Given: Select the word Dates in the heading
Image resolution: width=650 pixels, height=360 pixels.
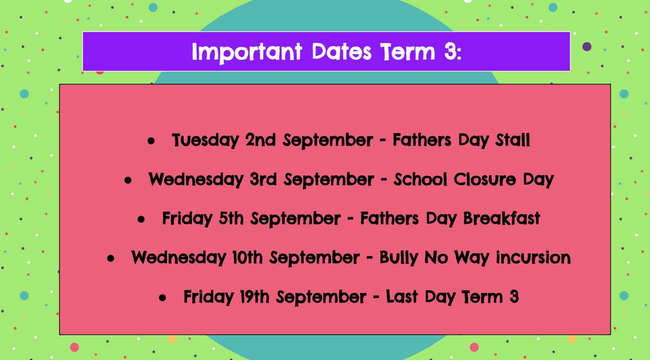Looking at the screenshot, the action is tap(342, 51).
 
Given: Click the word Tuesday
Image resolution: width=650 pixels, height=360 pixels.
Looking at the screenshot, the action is tap(205, 140).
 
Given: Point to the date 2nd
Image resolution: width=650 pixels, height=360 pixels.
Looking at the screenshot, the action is tap(261, 140).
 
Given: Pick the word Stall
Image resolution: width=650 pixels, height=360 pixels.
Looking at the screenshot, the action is tap(512, 140).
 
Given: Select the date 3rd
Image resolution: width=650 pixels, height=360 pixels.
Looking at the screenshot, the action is tap(263, 179).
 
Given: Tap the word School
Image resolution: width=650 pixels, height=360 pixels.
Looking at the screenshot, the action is tap(420, 179).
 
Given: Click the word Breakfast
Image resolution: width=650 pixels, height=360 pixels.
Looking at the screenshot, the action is tap(502, 218).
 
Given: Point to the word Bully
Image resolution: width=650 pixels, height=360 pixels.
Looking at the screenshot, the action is tap(399, 258).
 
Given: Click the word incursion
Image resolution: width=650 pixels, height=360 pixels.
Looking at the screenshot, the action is tap(533, 257).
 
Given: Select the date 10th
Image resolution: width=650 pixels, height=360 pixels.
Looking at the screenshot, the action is tap(247, 257).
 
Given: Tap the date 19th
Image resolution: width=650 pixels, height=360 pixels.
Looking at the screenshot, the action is tap(255, 297).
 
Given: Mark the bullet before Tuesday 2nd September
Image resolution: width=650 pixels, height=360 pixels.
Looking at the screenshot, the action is tap(151, 141).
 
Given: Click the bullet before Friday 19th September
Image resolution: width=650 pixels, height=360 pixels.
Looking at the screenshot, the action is tap(162, 298).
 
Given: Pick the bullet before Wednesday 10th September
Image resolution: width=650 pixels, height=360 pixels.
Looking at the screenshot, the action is tap(110, 258).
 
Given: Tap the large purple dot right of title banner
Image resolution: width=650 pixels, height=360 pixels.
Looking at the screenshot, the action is tap(587, 47).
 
